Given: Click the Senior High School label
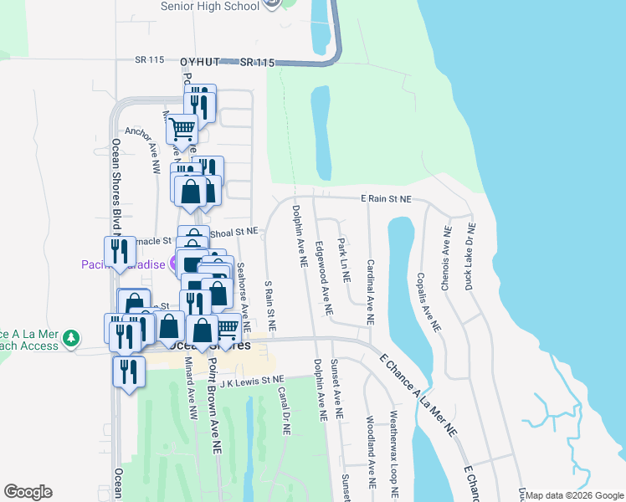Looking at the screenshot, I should (x=208, y=6).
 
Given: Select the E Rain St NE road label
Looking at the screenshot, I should (x=386, y=199).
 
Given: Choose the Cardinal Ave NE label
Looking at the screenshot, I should (x=369, y=291).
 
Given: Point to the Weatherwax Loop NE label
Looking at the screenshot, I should (x=393, y=451).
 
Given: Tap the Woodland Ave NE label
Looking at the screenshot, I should (x=370, y=453).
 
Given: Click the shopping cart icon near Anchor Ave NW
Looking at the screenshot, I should (x=181, y=130).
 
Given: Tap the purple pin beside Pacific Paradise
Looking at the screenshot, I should (x=173, y=265).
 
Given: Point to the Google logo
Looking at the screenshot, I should (x=28, y=492).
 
